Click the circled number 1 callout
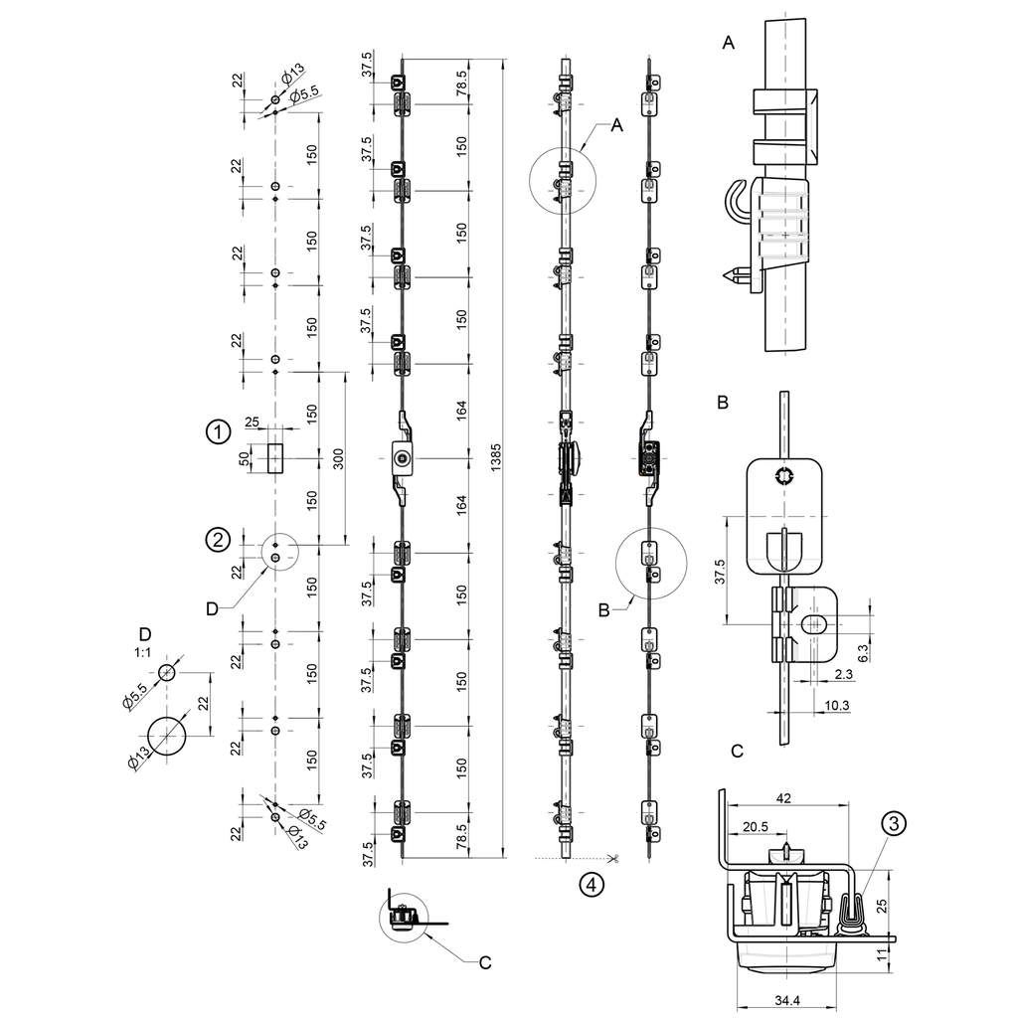click(x=217, y=432)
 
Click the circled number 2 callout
click(x=217, y=540)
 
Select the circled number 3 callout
click(x=894, y=823)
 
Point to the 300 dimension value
click(x=337, y=458)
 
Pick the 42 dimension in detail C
click(x=784, y=797)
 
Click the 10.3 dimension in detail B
click(x=838, y=705)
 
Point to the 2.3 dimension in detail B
click(x=843, y=675)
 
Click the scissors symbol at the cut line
click(x=615, y=858)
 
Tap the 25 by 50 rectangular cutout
click(x=275, y=458)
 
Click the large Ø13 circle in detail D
click(x=168, y=736)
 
